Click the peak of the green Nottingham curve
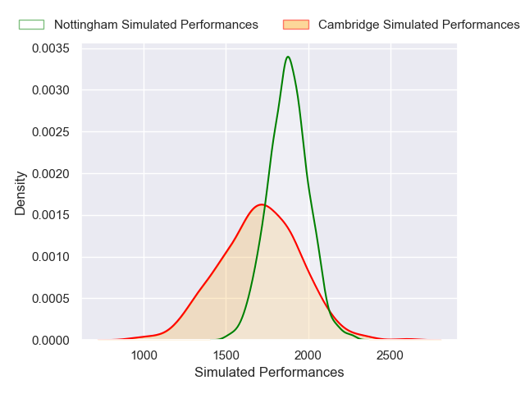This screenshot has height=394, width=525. point(288,57)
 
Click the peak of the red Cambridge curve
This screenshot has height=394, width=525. point(262,204)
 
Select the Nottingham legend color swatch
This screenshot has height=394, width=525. point(31,25)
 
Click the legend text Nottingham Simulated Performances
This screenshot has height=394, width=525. point(156,25)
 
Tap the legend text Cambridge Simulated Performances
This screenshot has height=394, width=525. point(418,25)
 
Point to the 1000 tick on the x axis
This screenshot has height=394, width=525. point(144,355)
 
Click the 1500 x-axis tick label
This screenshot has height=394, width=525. point(226,355)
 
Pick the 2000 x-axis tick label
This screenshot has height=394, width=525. point(308,355)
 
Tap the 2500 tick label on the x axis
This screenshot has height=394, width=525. point(390,355)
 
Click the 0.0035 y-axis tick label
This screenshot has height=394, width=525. point(51,48)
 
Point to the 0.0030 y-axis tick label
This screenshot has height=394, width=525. point(51,90)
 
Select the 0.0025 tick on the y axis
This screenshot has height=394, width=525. point(51,132)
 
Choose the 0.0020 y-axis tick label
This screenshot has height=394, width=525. point(51,174)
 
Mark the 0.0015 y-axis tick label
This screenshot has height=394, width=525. point(51,215)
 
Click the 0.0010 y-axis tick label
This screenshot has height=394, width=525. point(51,257)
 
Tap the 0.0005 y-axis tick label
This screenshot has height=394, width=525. point(51,299)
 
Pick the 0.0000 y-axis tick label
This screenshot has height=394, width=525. point(51,340)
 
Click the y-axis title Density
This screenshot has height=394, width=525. point(21,193)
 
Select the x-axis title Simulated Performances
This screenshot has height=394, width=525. point(269,373)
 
